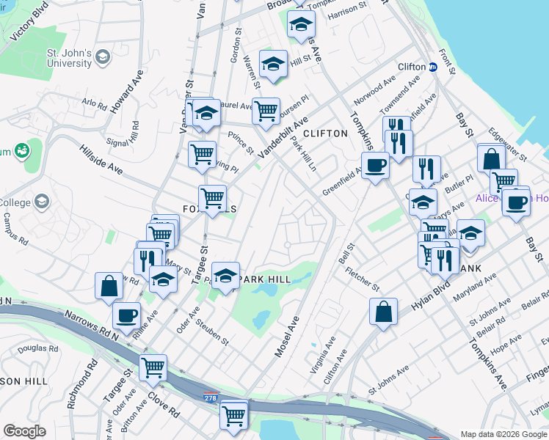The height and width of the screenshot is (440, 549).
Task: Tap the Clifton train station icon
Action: pos(433,67)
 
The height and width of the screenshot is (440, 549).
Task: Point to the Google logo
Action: pos(25,430)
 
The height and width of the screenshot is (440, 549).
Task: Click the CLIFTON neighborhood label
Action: pos(324,133)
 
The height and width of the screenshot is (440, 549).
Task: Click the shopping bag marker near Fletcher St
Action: pos(383,312)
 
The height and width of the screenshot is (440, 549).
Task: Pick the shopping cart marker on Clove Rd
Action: pos(153,367)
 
